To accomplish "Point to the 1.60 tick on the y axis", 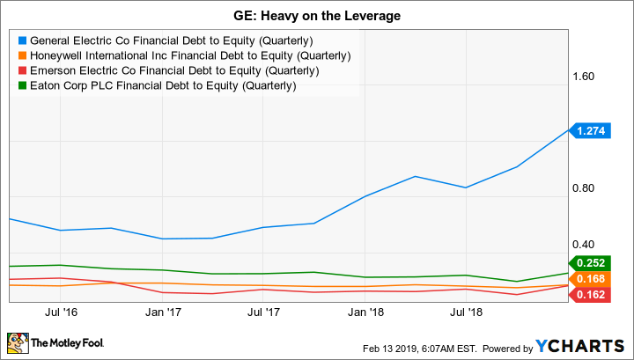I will [x=586, y=77].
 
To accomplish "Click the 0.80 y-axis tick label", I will [x=586, y=188].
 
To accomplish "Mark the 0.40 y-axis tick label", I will [x=586, y=244].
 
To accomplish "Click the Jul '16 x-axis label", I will [x=63, y=312].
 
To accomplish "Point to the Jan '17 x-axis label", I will [x=165, y=312].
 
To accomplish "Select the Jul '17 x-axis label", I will [x=265, y=312].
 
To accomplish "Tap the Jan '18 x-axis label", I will [x=366, y=312].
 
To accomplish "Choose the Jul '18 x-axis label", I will [x=467, y=312].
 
